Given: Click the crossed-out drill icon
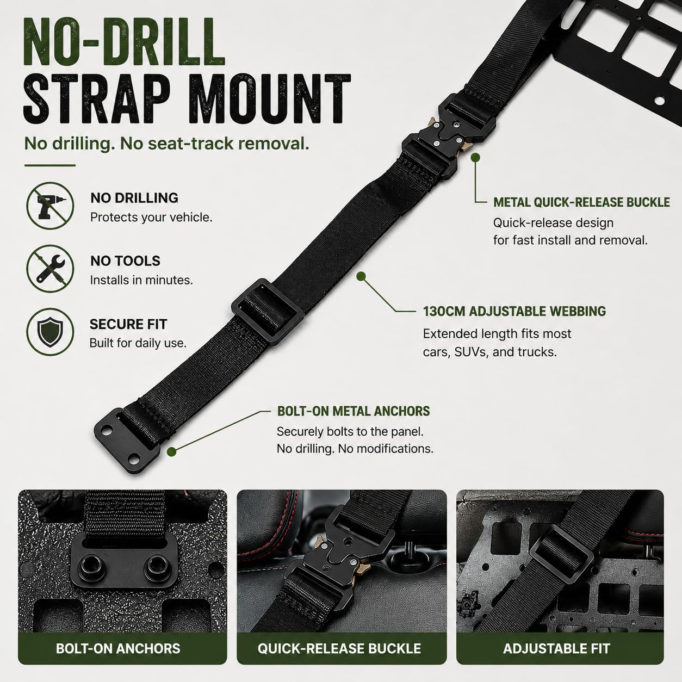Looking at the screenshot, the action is point(50,206).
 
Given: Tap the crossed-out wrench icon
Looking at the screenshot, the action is point(50,269).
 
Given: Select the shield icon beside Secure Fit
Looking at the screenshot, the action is point(50,332).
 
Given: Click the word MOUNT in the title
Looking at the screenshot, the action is point(273,99).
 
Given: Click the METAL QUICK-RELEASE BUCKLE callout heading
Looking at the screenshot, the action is point(581,202).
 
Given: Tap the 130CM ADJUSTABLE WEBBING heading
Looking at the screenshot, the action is point(514,311).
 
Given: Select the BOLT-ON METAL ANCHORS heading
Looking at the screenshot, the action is point(353,411).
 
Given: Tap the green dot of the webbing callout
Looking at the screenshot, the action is point(361,277).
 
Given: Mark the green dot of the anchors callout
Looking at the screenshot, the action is point(172,451).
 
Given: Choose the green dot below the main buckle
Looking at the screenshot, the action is point(475,157).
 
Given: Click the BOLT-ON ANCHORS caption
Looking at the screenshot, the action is point(118,648).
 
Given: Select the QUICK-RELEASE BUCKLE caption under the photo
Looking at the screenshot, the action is point(339,648).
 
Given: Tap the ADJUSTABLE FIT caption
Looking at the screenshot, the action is point(557,648).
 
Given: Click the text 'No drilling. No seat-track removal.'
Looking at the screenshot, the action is point(166,144).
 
